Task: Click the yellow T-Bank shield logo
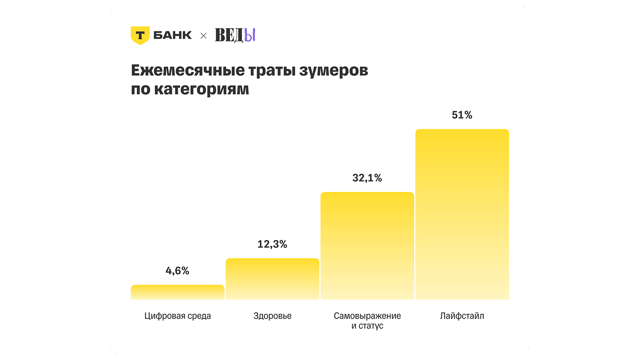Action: tap(140, 36)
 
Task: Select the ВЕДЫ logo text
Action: tap(235, 35)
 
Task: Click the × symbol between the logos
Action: tap(203, 36)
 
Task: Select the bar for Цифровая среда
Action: tap(178, 292)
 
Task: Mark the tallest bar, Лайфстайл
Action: tap(462, 214)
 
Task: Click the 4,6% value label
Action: tap(178, 271)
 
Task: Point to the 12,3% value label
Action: tap(273, 244)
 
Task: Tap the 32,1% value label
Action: tap(367, 178)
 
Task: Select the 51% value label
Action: tap(462, 115)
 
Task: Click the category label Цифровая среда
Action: tap(178, 316)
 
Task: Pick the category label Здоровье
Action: tap(273, 316)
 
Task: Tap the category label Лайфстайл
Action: tap(462, 316)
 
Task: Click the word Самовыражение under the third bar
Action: tap(367, 316)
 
